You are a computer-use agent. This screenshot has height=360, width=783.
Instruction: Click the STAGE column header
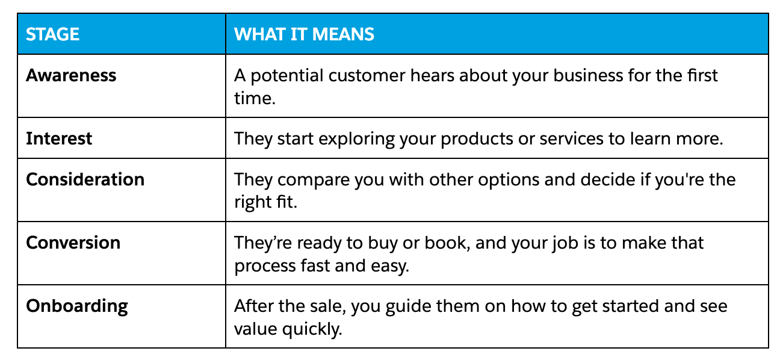pos(52,34)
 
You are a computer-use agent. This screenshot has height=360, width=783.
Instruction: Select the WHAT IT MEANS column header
pos(304,34)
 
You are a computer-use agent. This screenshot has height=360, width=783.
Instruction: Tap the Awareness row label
pos(71,75)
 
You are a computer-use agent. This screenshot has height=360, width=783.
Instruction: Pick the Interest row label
pos(59,138)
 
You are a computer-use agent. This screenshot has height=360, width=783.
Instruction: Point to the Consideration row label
pos(85,179)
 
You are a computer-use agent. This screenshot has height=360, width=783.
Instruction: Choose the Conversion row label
pos(73,243)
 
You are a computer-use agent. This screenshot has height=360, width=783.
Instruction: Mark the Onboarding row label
pos(77,306)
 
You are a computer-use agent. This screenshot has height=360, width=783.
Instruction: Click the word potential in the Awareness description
pos(286,76)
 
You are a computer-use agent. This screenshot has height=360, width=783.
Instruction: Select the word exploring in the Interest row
pos(356,139)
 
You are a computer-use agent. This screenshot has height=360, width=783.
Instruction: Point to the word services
pos(571,138)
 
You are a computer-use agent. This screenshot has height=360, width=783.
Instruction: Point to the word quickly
pos(312,329)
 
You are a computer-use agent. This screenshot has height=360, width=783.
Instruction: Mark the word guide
pos(408,306)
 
